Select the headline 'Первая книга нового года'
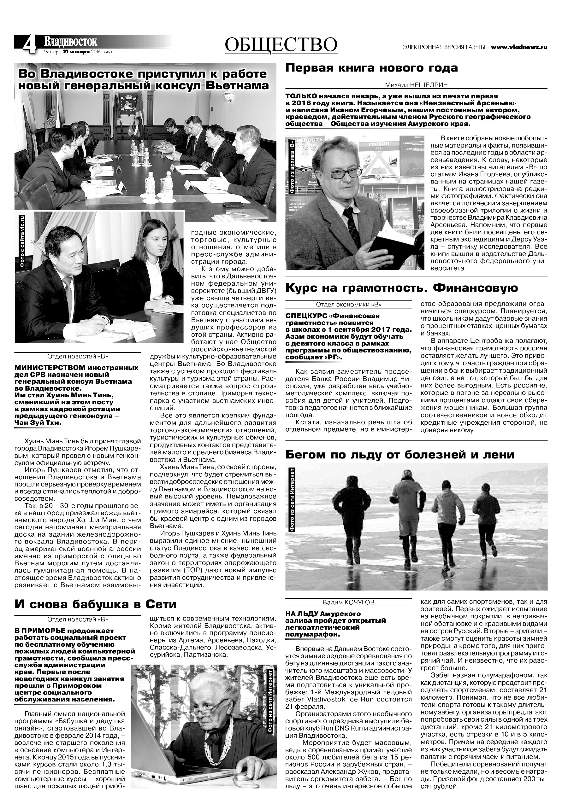[x=371, y=68]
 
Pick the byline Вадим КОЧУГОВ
[x=348, y=602]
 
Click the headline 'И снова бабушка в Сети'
[x=95, y=604]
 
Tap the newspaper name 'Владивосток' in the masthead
[x=70, y=42]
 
